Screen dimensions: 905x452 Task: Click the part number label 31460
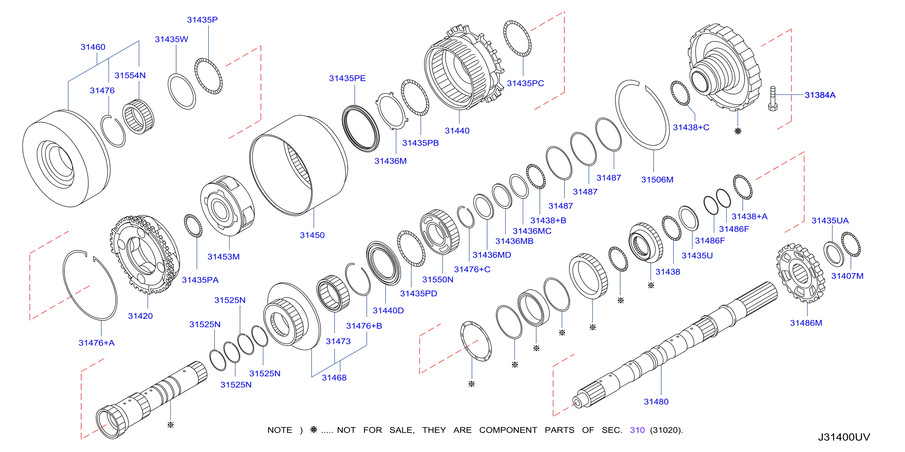click(x=93, y=47)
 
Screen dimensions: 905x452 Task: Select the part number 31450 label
click(x=312, y=235)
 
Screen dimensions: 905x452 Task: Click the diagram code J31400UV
click(x=844, y=437)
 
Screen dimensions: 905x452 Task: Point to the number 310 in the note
click(x=637, y=430)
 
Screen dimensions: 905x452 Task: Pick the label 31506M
click(x=657, y=180)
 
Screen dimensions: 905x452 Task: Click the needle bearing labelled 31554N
click(x=138, y=116)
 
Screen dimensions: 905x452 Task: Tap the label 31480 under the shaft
click(x=656, y=402)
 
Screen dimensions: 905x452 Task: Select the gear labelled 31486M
click(x=801, y=273)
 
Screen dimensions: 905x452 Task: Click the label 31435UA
click(x=830, y=221)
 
